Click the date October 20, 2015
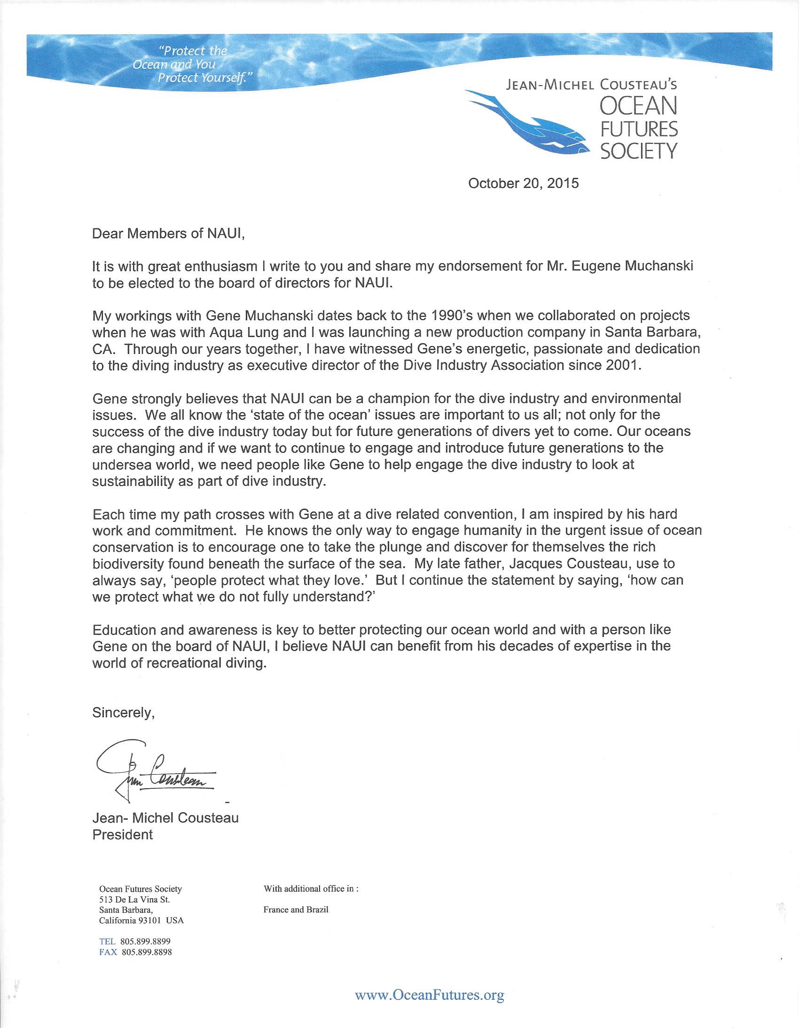(x=523, y=183)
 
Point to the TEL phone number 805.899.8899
(x=145, y=942)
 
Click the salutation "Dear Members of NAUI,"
(x=168, y=234)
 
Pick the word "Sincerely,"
(x=123, y=713)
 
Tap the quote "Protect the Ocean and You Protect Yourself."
(x=190, y=64)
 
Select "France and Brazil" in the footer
(x=296, y=910)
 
